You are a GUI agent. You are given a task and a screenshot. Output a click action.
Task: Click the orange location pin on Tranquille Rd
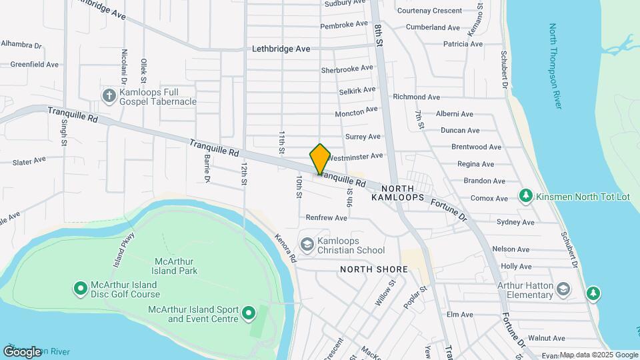click(320, 159)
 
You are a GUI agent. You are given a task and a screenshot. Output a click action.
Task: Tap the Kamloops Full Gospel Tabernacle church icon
click(109, 96)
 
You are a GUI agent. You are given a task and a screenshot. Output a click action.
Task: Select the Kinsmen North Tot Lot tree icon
click(525, 196)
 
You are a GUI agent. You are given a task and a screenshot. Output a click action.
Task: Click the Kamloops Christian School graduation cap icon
click(307, 245)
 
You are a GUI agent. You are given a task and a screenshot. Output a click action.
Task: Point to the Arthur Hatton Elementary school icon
click(563, 289)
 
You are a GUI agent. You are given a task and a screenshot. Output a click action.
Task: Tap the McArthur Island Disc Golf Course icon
click(80, 289)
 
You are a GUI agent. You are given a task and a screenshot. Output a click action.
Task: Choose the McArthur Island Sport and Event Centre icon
click(249, 313)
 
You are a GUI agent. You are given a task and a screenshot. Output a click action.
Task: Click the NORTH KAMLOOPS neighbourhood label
click(398, 193)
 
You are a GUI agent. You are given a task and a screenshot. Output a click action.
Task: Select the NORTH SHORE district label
click(373, 269)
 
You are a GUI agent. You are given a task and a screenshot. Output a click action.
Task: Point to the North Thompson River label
click(555, 66)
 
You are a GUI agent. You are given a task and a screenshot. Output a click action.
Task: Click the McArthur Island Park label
click(176, 266)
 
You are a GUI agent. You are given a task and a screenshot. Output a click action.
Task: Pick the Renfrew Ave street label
click(327, 218)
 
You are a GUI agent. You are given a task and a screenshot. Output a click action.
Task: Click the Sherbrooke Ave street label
click(347, 69)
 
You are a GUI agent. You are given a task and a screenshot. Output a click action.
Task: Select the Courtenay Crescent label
click(429, 11)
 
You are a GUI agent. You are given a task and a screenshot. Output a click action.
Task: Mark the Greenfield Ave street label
click(35, 65)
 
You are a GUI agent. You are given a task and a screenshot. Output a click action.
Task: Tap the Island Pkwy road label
click(124, 249)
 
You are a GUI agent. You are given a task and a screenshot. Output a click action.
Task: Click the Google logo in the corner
click(23, 351)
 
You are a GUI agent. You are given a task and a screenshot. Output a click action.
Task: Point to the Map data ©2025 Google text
click(599, 355)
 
